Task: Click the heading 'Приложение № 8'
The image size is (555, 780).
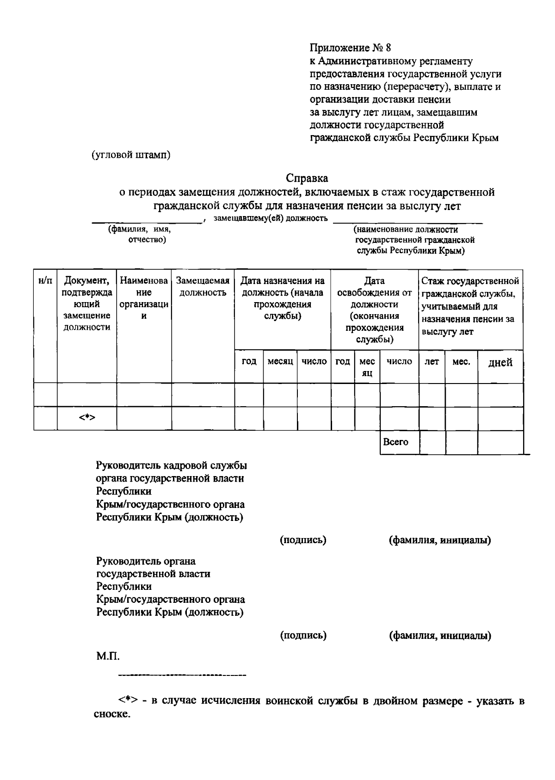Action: click(350, 48)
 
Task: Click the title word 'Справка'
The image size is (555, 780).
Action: click(307, 178)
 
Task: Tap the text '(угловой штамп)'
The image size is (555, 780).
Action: click(131, 155)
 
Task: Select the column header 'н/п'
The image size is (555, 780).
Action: click(45, 281)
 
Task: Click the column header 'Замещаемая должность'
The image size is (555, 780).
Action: click(203, 287)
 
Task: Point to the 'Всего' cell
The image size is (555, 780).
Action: click(396, 442)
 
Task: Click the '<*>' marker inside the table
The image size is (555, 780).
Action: click(87, 418)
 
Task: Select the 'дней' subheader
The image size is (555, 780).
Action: click(500, 362)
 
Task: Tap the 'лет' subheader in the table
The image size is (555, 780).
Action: click(432, 362)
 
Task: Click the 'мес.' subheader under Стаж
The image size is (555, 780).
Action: click(461, 362)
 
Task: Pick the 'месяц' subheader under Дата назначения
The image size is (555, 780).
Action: click(280, 361)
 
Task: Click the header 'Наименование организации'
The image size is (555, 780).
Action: click(144, 298)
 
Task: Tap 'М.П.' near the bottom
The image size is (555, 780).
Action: click(108, 656)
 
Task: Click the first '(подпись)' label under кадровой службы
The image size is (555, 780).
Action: click(303, 540)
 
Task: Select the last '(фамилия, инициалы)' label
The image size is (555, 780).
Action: click(440, 636)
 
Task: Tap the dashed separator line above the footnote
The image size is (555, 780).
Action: click(182, 676)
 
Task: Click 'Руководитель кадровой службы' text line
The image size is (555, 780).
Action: click(171, 465)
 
